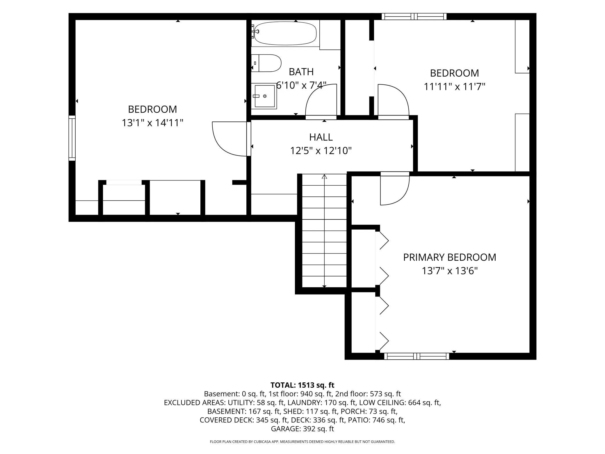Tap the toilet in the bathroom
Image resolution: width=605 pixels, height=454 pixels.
(266, 63)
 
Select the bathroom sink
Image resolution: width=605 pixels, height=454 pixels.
(264, 96)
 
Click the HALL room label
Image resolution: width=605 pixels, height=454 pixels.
(321, 137)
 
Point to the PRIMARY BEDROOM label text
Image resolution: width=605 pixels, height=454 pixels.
(449, 257)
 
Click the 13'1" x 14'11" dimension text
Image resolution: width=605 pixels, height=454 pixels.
(152, 123)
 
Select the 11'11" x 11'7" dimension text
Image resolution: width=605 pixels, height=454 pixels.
(454, 87)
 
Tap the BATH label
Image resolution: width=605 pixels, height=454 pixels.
(301, 72)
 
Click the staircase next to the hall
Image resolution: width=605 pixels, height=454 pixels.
(324, 230)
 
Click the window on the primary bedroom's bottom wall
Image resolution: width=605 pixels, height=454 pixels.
(417, 356)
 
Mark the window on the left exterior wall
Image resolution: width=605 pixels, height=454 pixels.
(72, 138)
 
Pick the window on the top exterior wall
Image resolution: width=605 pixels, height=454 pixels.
(414, 16)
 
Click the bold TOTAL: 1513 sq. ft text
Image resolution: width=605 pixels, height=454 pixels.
(302, 385)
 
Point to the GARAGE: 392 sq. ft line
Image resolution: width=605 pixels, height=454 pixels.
(302, 429)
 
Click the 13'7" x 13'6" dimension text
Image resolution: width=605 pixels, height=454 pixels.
(450, 271)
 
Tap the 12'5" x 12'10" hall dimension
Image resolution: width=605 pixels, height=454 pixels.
(321, 151)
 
